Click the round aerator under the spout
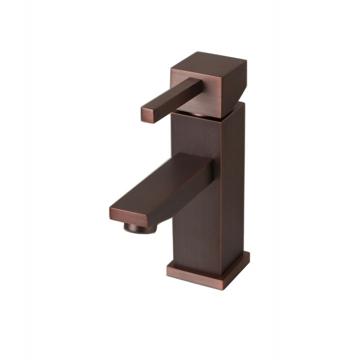[140, 228]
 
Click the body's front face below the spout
[196, 238]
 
